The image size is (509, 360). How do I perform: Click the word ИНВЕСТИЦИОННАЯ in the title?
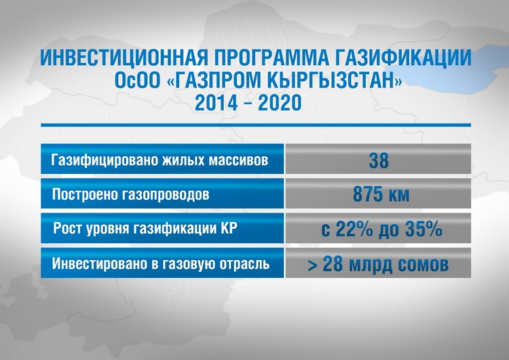coord(124,58)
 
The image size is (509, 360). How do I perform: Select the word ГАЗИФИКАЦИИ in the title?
coord(398,58)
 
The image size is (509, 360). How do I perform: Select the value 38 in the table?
coord(379,160)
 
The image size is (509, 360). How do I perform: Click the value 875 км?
coord(381,194)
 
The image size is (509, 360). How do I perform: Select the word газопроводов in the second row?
coord(166,195)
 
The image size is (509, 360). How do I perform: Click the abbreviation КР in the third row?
coord(229,228)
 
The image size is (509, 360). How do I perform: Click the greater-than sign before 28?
coord(313,265)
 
